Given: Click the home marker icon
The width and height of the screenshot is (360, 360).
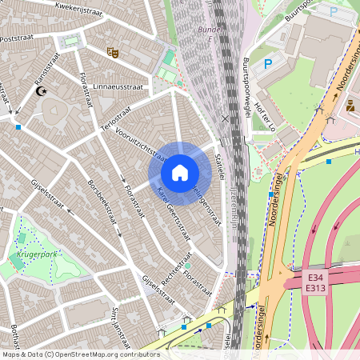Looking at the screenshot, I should point(180,173).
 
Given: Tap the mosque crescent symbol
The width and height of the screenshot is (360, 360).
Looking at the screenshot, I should point(42,91).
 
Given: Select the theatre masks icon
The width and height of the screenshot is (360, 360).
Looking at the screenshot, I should point(112,52).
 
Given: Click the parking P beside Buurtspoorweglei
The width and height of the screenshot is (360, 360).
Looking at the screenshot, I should point(269,63).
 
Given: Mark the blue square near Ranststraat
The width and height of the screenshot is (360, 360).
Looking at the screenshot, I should point(18,126).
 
